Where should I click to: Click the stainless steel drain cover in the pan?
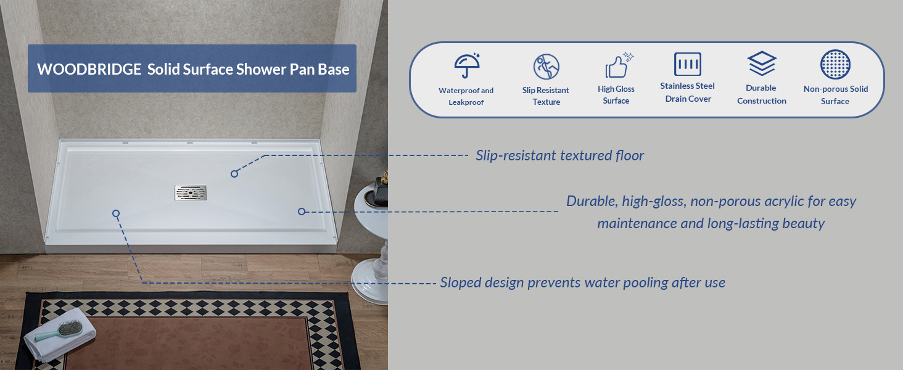coord(191,192)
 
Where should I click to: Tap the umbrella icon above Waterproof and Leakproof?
coord(467,65)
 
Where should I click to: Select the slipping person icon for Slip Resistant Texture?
coord(546,67)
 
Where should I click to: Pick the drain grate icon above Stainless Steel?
coord(688,64)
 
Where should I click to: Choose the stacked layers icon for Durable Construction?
coord(762,64)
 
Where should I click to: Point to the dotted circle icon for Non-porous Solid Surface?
coord(835,65)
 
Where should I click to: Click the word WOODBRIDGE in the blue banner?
coord(89,69)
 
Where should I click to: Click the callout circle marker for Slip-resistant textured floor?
coord(234,174)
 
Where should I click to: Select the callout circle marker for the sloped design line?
coord(116,213)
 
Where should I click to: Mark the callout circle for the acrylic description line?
coord(302,211)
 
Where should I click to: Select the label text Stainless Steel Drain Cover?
coord(687,92)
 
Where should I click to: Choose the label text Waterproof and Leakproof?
coord(466,96)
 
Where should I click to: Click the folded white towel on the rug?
coord(60,334)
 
